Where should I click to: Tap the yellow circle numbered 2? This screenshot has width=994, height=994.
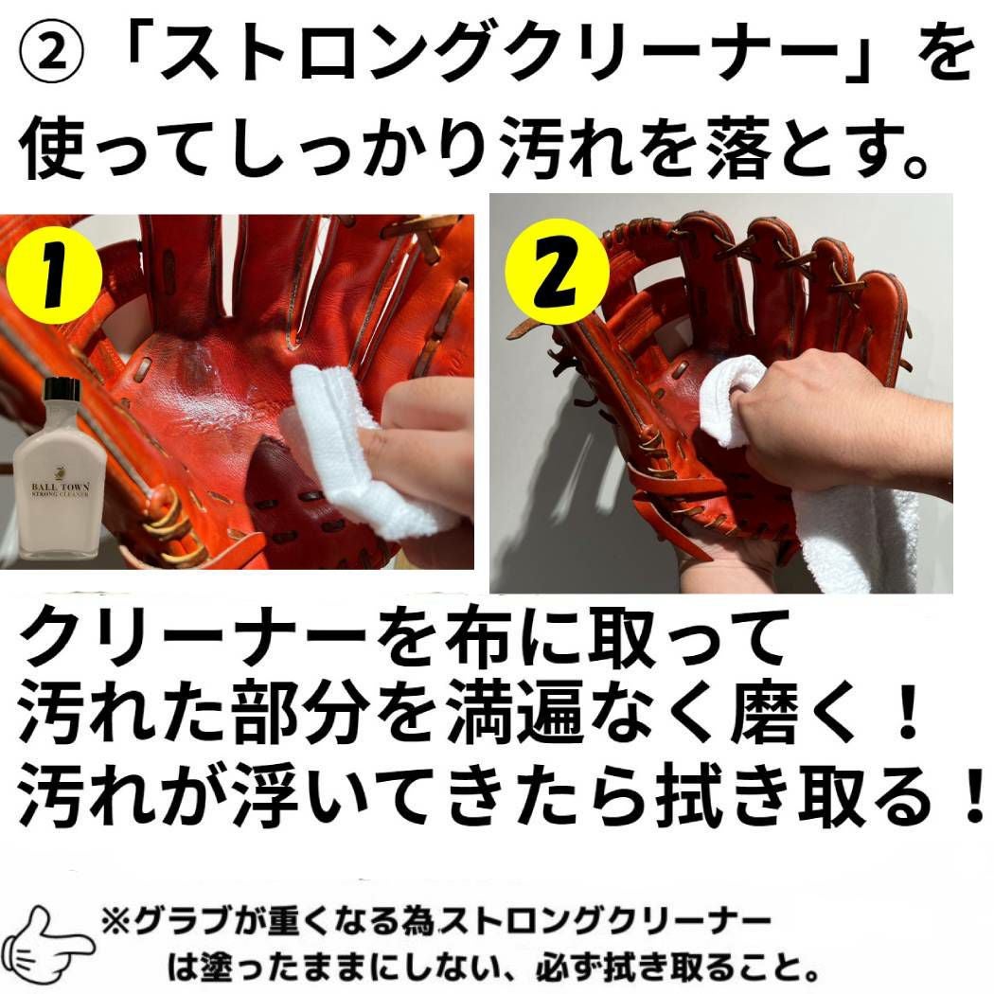[558, 273]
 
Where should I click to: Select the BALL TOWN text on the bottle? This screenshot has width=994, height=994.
[61, 487]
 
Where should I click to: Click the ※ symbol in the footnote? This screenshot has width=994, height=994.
[116, 922]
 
